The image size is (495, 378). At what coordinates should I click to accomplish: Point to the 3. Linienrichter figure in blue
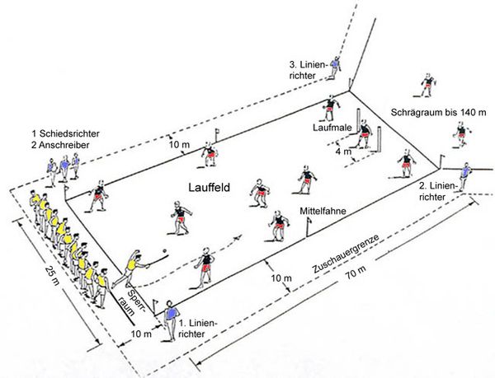[335, 67]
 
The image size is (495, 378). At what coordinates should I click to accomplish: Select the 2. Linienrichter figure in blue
[466, 172]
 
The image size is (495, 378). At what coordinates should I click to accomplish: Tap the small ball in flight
[165, 250]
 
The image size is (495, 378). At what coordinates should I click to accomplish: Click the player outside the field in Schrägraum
[427, 85]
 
